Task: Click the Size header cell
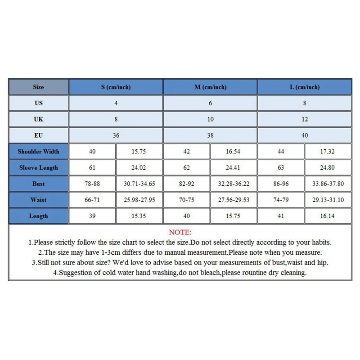click(x=39, y=87)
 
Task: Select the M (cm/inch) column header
click(x=210, y=87)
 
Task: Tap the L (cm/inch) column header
click(x=305, y=87)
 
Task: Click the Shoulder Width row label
click(x=39, y=152)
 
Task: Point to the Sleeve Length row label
click(x=39, y=168)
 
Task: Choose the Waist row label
click(x=39, y=200)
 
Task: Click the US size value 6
click(x=210, y=103)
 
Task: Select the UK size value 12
click(x=305, y=119)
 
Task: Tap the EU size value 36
click(x=116, y=135)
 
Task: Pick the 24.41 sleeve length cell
click(x=234, y=168)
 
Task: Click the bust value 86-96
click(x=281, y=184)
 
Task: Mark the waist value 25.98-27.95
click(x=139, y=200)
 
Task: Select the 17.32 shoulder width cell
click(x=328, y=152)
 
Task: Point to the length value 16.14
click(x=328, y=216)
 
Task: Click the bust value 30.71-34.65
click(x=139, y=184)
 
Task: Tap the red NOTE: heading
click(x=180, y=233)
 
